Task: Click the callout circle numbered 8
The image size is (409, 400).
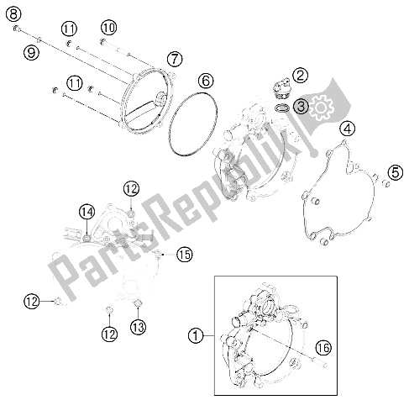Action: click(x=13, y=13)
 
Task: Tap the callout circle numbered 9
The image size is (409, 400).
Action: click(x=31, y=52)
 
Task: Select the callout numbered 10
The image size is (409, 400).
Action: click(x=108, y=28)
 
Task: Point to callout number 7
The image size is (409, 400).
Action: click(x=175, y=59)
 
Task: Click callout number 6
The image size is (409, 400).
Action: click(x=206, y=82)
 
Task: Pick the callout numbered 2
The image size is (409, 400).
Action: click(x=300, y=75)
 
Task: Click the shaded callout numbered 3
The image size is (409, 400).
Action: click(x=301, y=106)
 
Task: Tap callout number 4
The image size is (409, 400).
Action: click(x=348, y=129)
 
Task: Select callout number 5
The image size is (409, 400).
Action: click(x=396, y=172)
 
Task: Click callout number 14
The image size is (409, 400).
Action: click(x=87, y=212)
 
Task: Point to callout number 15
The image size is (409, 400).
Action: click(x=185, y=255)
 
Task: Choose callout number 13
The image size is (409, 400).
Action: click(x=139, y=327)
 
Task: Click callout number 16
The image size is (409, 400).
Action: click(x=323, y=347)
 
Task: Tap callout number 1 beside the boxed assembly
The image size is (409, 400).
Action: click(x=196, y=335)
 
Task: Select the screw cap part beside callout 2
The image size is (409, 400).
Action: click(x=281, y=89)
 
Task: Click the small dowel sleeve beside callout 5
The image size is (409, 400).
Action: click(x=386, y=184)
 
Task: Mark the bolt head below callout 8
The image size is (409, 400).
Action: click(x=17, y=29)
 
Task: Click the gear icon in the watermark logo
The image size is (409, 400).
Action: click(x=321, y=108)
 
